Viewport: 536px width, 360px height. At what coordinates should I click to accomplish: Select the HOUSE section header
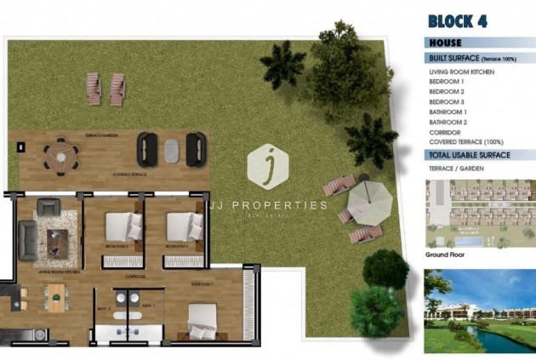(446, 42)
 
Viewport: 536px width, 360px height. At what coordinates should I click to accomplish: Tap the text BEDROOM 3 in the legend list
(447, 102)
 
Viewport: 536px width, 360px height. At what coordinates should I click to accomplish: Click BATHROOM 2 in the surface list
(448, 123)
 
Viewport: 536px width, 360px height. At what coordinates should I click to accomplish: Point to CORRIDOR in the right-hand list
(445, 133)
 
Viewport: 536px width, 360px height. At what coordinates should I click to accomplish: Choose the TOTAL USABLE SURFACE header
(469, 155)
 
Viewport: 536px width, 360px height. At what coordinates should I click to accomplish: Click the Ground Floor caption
(448, 254)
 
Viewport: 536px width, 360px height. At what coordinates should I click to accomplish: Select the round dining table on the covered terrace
(61, 154)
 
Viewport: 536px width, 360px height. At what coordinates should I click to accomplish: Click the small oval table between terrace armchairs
(172, 151)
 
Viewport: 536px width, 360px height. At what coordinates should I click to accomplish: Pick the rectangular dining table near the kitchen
(55, 297)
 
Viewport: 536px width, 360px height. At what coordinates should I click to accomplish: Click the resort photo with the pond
(480, 311)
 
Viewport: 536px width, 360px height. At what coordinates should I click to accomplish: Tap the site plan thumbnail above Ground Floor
(480, 212)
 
